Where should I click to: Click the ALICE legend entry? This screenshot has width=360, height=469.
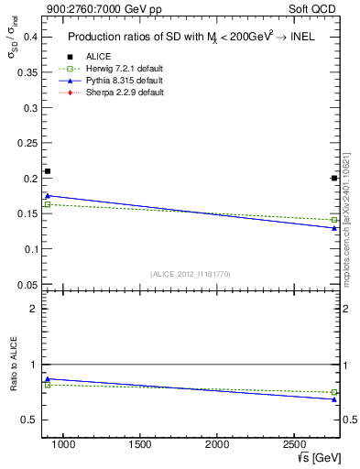99,57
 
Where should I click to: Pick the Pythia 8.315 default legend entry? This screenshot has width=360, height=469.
124,81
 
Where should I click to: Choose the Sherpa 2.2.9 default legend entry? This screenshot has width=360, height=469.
125,93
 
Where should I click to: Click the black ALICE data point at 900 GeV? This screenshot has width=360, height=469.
48,171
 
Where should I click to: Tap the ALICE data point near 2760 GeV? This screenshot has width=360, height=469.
334,178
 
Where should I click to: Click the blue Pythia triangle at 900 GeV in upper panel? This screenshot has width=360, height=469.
48,195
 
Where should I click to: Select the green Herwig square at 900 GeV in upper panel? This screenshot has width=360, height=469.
48,204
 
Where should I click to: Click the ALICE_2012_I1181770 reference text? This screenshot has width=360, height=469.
190,273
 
